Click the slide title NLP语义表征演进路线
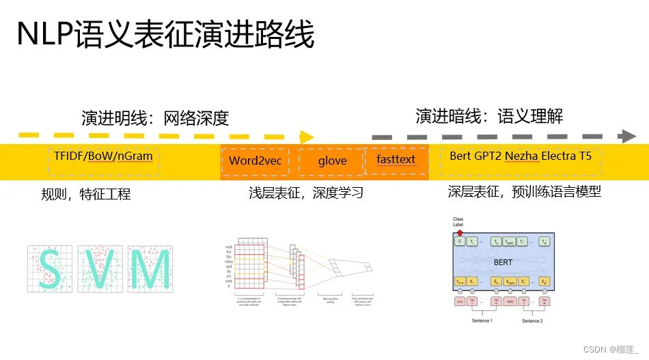(165, 35)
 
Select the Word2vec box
(256, 161)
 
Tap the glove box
(332, 161)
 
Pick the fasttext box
(396, 160)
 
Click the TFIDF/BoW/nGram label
(103, 156)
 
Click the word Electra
(562, 156)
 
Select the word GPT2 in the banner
(486, 156)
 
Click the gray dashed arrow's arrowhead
(627, 136)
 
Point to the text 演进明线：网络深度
(154, 118)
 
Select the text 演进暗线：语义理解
(489, 116)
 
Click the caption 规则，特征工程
(85, 195)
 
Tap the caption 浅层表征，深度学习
(305, 193)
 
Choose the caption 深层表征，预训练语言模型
(524, 192)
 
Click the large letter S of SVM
(49, 269)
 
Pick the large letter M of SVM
(149, 269)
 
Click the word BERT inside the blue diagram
(503, 261)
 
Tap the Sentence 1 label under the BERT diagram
(482, 320)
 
